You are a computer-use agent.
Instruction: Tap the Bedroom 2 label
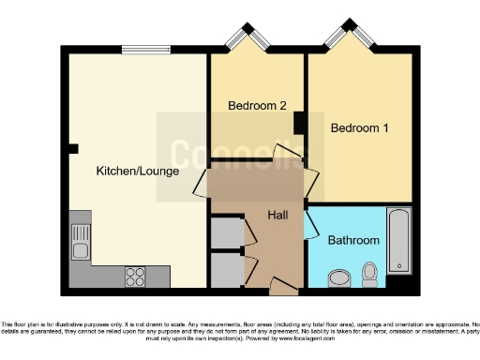[x=258, y=106]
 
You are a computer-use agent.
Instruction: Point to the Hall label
[x=278, y=216]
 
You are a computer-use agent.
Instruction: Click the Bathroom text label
[x=353, y=240]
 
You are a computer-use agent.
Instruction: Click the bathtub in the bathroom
[x=399, y=241]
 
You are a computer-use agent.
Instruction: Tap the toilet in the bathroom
[x=370, y=274]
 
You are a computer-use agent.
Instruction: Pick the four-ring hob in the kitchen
[x=135, y=277]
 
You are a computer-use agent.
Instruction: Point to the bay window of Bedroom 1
[x=347, y=38]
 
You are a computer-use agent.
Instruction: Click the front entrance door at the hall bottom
[x=281, y=284]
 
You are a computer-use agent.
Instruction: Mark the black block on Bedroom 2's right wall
[x=299, y=124]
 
